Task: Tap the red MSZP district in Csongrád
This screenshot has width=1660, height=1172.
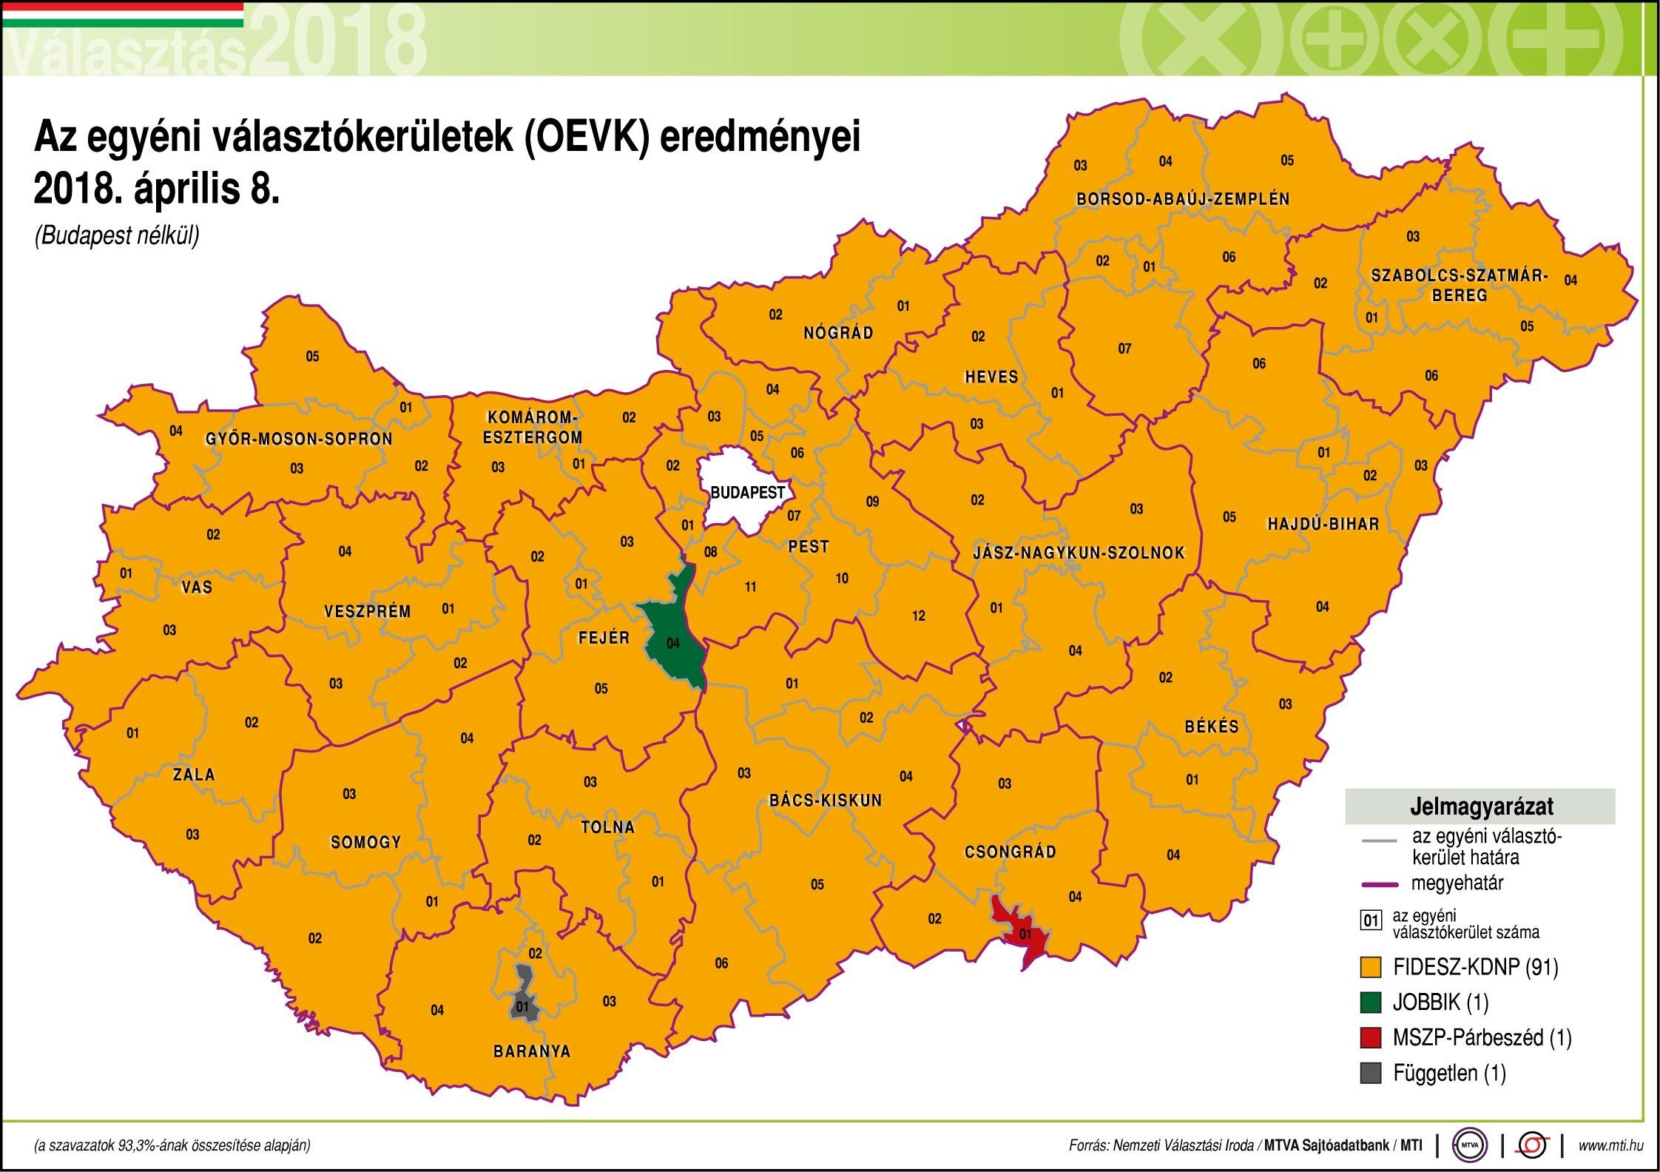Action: (x=1025, y=935)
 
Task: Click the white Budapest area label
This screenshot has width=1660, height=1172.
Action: (x=747, y=492)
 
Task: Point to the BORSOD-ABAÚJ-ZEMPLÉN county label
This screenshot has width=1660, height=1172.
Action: (x=1182, y=199)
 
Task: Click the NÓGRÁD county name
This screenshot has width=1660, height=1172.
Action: (x=838, y=333)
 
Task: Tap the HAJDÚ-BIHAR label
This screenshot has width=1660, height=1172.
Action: (x=1323, y=525)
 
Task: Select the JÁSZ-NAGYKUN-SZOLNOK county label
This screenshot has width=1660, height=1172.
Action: (x=1079, y=553)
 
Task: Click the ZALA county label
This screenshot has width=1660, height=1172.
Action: (x=194, y=775)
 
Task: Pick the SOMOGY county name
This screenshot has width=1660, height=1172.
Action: (x=365, y=842)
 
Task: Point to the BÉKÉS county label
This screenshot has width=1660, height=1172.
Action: (x=1211, y=727)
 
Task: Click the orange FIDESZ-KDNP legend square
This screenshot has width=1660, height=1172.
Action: (x=1371, y=967)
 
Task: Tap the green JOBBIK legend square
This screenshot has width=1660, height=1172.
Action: (x=1371, y=1003)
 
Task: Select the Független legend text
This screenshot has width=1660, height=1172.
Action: (x=1448, y=1074)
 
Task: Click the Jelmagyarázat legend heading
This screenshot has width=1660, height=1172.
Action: (x=1480, y=806)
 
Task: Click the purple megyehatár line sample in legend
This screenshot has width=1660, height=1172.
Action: (x=1379, y=884)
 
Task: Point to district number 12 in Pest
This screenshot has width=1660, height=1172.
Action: (x=918, y=616)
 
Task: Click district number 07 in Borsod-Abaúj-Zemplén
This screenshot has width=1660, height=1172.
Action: (x=1124, y=348)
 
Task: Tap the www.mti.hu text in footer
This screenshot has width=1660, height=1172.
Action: (x=1610, y=1145)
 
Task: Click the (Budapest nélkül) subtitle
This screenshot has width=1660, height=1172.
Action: (x=117, y=235)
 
